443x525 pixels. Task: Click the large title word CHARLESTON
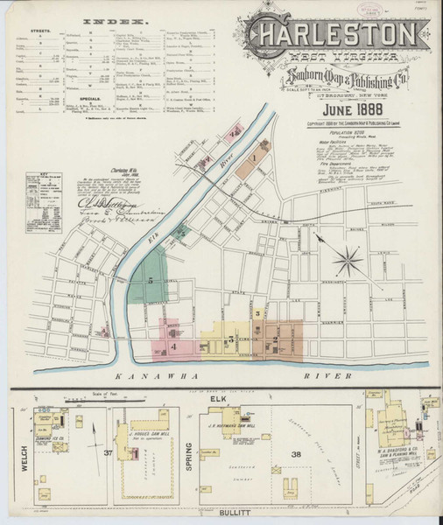(334, 34)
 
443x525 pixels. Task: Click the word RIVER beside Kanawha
(329, 375)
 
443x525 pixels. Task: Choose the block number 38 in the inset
(296, 453)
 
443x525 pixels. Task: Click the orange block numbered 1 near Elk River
(253, 158)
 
